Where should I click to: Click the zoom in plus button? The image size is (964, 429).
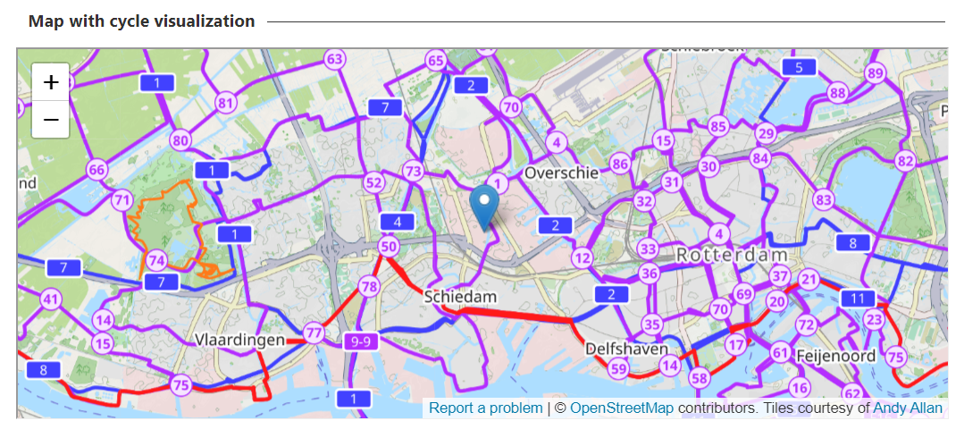pyautogui.click(x=51, y=82)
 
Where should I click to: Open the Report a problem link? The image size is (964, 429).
pyautogui.click(x=485, y=408)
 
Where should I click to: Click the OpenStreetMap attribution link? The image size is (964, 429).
pyautogui.click(x=622, y=408)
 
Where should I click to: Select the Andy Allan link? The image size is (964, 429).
pyautogui.click(x=908, y=408)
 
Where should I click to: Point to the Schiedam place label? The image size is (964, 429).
pyautogui.click(x=460, y=296)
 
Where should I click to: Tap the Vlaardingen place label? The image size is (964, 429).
pyautogui.click(x=239, y=340)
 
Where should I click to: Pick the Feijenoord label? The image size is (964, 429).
pyautogui.click(x=836, y=355)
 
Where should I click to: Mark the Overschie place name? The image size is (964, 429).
pyautogui.click(x=561, y=172)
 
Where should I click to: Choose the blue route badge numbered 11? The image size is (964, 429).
pyautogui.click(x=859, y=299)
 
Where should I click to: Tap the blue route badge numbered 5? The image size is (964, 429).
pyautogui.click(x=799, y=68)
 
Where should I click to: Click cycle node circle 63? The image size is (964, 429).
pyautogui.click(x=334, y=60)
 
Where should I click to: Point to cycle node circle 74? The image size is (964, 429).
pyautogui.click(x=157, y=260)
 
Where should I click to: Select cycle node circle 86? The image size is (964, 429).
pyautogui.click(x=620, y=163)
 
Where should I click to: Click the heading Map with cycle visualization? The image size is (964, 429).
pyautogui.click(x=141, y=21)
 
